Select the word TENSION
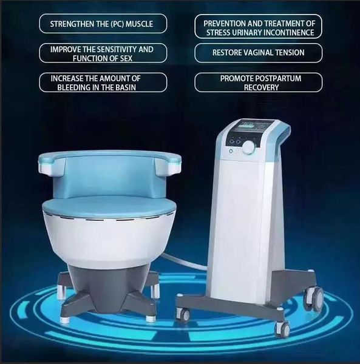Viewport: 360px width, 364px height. tap(288, 53)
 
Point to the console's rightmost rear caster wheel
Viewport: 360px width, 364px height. tap(317, 298)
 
